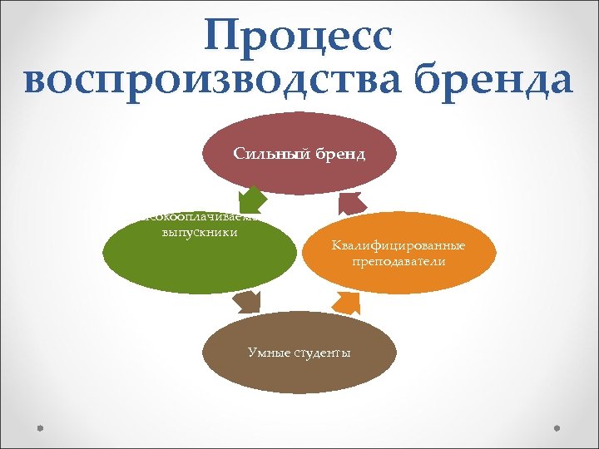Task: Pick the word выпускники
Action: pyautogui.click(x=200, y=232)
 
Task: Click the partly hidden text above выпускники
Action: pyautogui.click(x=200, y=219)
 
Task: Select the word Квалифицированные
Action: pyautogui.click(x=398, y=245)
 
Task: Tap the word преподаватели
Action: pyautogui.click(x=398, y=261)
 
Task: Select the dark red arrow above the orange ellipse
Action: pyautogui.click(x=352, y=202)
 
